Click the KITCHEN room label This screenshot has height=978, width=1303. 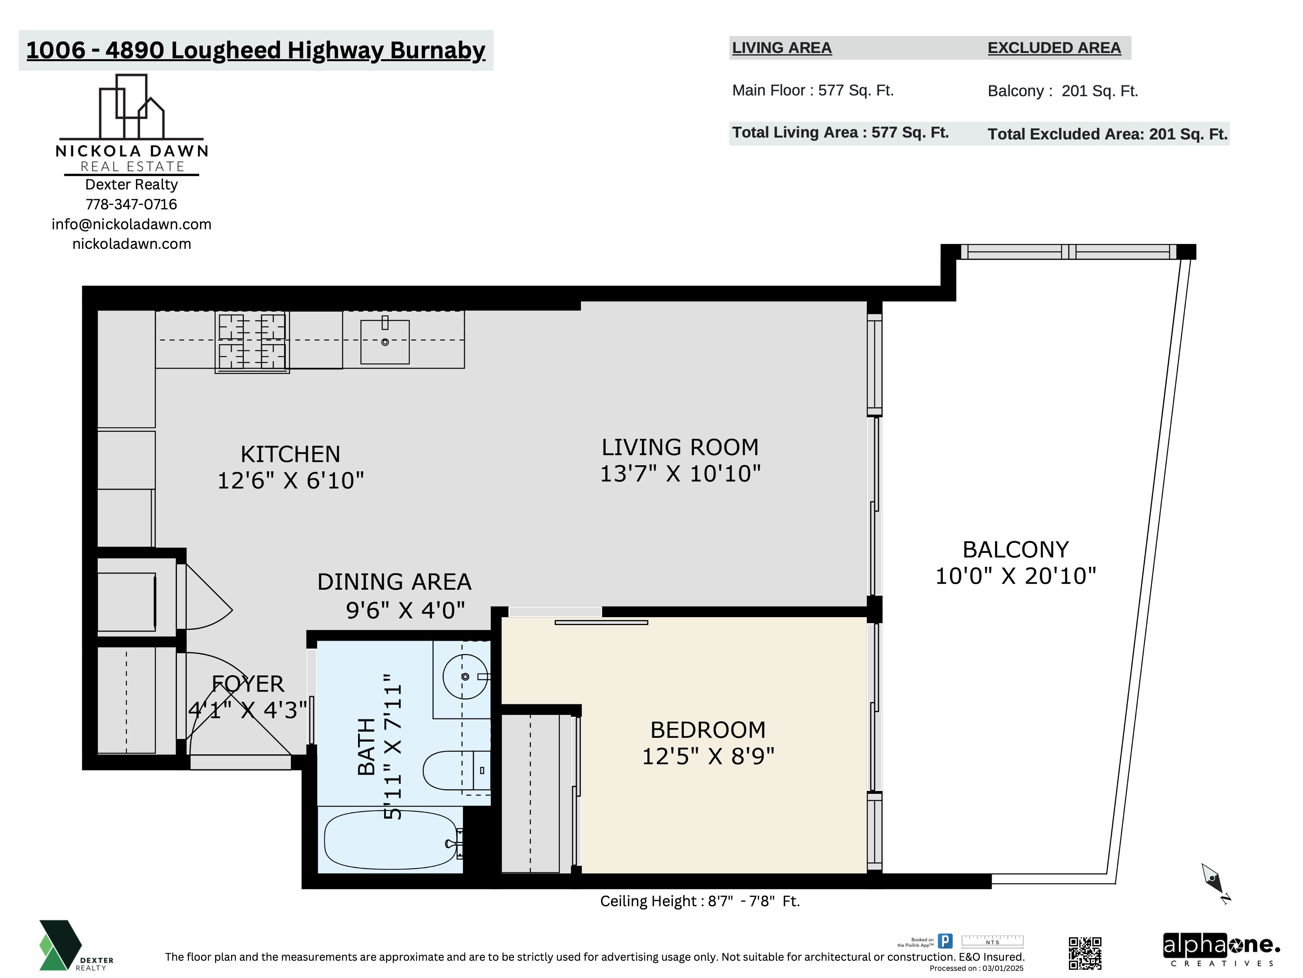point(290,454)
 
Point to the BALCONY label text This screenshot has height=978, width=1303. point(1016,550)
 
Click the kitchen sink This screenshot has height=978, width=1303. point(385,342)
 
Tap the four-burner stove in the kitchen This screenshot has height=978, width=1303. point(252,342)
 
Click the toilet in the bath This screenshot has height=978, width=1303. point(457,770)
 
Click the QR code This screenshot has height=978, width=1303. point(1085,953)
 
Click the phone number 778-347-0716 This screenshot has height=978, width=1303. point(132,204)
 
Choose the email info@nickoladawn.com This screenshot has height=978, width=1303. point(132,224)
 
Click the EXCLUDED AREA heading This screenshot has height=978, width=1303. point(1054,48)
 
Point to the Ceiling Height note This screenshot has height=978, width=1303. point(700,901)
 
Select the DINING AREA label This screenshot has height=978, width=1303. point(394,582)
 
